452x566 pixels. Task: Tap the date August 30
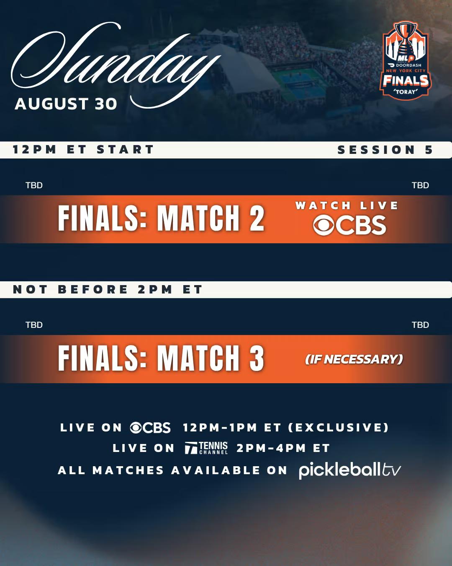click(66, 104)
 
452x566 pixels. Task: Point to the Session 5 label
click(385, 150)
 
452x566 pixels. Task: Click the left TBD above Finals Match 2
click(34, 185)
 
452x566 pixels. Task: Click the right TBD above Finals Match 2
click(420, 185)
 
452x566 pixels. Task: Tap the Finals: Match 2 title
click(161, 218)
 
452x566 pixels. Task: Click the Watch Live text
click(347, 205)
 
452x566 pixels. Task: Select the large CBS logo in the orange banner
click(349, 225)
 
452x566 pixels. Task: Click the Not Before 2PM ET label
click(108, 289)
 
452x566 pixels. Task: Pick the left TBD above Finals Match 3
click(34, 325)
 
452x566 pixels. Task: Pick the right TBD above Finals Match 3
click(420, 325)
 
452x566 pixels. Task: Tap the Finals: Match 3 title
click(161, 358)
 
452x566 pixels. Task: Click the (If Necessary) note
click(354, 359)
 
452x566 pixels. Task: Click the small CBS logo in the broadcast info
click(150, 427)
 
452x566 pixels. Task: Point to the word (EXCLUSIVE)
click(338, 427)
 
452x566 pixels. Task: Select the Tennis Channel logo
click(206, 448)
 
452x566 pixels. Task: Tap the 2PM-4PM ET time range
click(283, 448)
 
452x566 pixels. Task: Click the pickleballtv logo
click(350, 470)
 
